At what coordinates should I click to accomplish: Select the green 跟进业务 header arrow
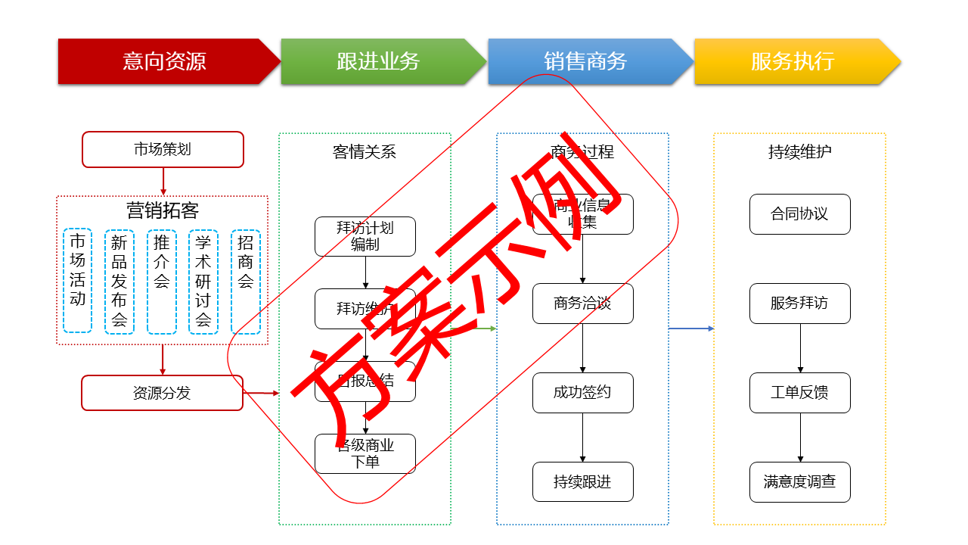pos(378,61)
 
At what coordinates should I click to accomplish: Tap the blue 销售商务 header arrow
pos(585,61)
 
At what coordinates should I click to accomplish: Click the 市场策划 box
pos(163,149)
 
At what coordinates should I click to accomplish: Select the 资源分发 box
pos(162,393)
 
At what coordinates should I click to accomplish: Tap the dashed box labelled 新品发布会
pos(119,282)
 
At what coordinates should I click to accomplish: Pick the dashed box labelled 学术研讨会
pos(203,282)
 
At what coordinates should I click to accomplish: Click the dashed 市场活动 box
pos(78,281)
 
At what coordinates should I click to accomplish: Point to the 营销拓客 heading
pos(162,210)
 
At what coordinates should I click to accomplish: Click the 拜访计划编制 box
pos(365,236)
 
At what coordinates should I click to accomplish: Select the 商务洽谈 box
pos(582,304)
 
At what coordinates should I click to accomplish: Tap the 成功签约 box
pos(582,393)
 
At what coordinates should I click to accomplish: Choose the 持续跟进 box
pos(582,482)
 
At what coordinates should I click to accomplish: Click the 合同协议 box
pos(799,214)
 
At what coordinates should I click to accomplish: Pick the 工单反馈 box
pos(799,393)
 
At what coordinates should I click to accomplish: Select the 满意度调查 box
pos(799,482)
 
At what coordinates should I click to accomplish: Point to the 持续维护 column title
pos(799,152)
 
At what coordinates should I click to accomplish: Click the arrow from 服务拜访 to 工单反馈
pos(800,348)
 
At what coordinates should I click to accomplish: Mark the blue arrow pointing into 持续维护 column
pos(691,329)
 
